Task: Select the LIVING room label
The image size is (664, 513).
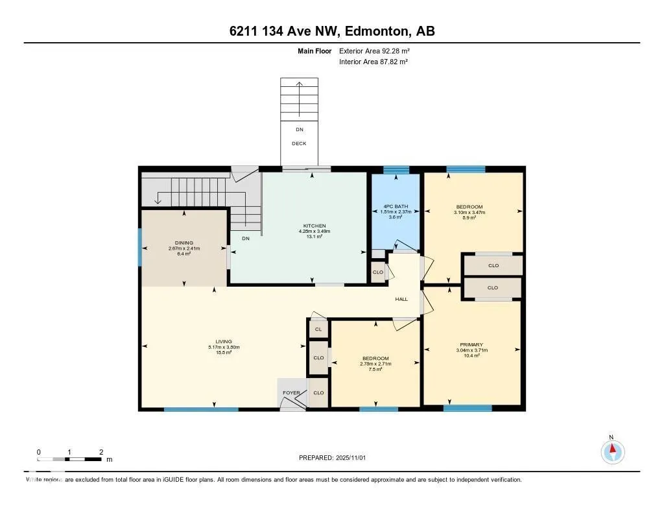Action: [224, 342]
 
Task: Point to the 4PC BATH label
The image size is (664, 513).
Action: [396, 207]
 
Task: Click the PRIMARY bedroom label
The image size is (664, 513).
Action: [471, 344]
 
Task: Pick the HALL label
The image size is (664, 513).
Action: [401, 299]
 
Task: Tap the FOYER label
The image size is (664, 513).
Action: [291, 393]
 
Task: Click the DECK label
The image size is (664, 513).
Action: [299, 144]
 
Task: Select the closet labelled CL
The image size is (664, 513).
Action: [318, 329]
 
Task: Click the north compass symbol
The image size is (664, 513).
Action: [612, 451]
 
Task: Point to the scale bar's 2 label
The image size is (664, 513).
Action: [101, 451]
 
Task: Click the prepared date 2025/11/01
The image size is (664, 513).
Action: [353, 458]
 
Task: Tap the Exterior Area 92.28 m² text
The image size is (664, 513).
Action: [374, 51]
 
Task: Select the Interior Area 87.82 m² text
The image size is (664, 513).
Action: [373, 62]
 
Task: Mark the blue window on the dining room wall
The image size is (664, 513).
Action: [140, 247]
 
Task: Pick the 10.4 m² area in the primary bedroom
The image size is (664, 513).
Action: [471, 355]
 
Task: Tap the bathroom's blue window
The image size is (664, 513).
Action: [396, 171]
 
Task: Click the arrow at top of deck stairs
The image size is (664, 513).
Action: [299, 84]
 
